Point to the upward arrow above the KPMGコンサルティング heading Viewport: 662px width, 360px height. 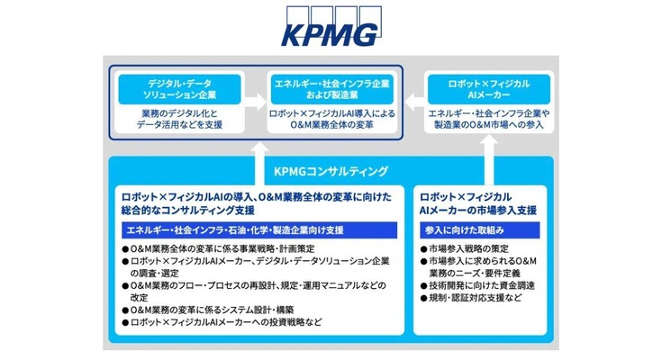coord(260,148)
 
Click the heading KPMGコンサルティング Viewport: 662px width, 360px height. coord(331,171)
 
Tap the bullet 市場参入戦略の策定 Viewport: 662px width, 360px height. coord(469,249)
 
